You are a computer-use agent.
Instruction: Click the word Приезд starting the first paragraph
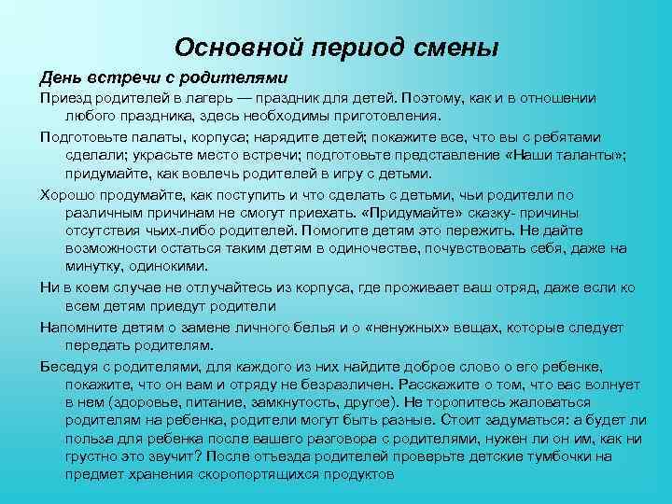coord(64,98)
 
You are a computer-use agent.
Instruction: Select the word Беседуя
coord(71,365)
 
